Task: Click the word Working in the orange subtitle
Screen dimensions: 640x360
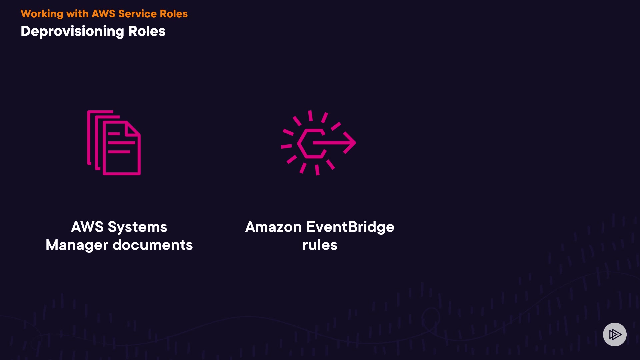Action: coord(42,14)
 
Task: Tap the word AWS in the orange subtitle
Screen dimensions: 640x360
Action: coord(103,14)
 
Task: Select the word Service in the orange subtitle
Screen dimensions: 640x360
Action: coord(137,14)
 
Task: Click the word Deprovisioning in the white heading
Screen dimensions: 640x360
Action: coord(72,31)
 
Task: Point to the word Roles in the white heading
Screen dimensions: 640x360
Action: coord(147,31)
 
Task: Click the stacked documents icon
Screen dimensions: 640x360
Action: coord(114,143)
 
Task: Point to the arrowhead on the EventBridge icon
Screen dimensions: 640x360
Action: coord(350,143)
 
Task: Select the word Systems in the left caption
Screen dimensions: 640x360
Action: coord(137,227)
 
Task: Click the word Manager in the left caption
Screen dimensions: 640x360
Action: coord(77,245)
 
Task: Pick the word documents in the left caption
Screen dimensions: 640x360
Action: coord(153,245)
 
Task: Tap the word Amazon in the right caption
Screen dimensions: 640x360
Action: coord(273,227)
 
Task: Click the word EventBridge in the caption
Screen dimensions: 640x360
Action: coord(350,227)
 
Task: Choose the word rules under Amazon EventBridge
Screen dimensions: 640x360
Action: coord(320,245)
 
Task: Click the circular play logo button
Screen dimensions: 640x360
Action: coord(615,334)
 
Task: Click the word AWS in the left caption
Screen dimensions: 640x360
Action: coord(87,227)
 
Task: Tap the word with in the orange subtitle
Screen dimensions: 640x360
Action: coord(77,14)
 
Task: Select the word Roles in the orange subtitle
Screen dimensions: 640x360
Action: coord(174,14)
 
